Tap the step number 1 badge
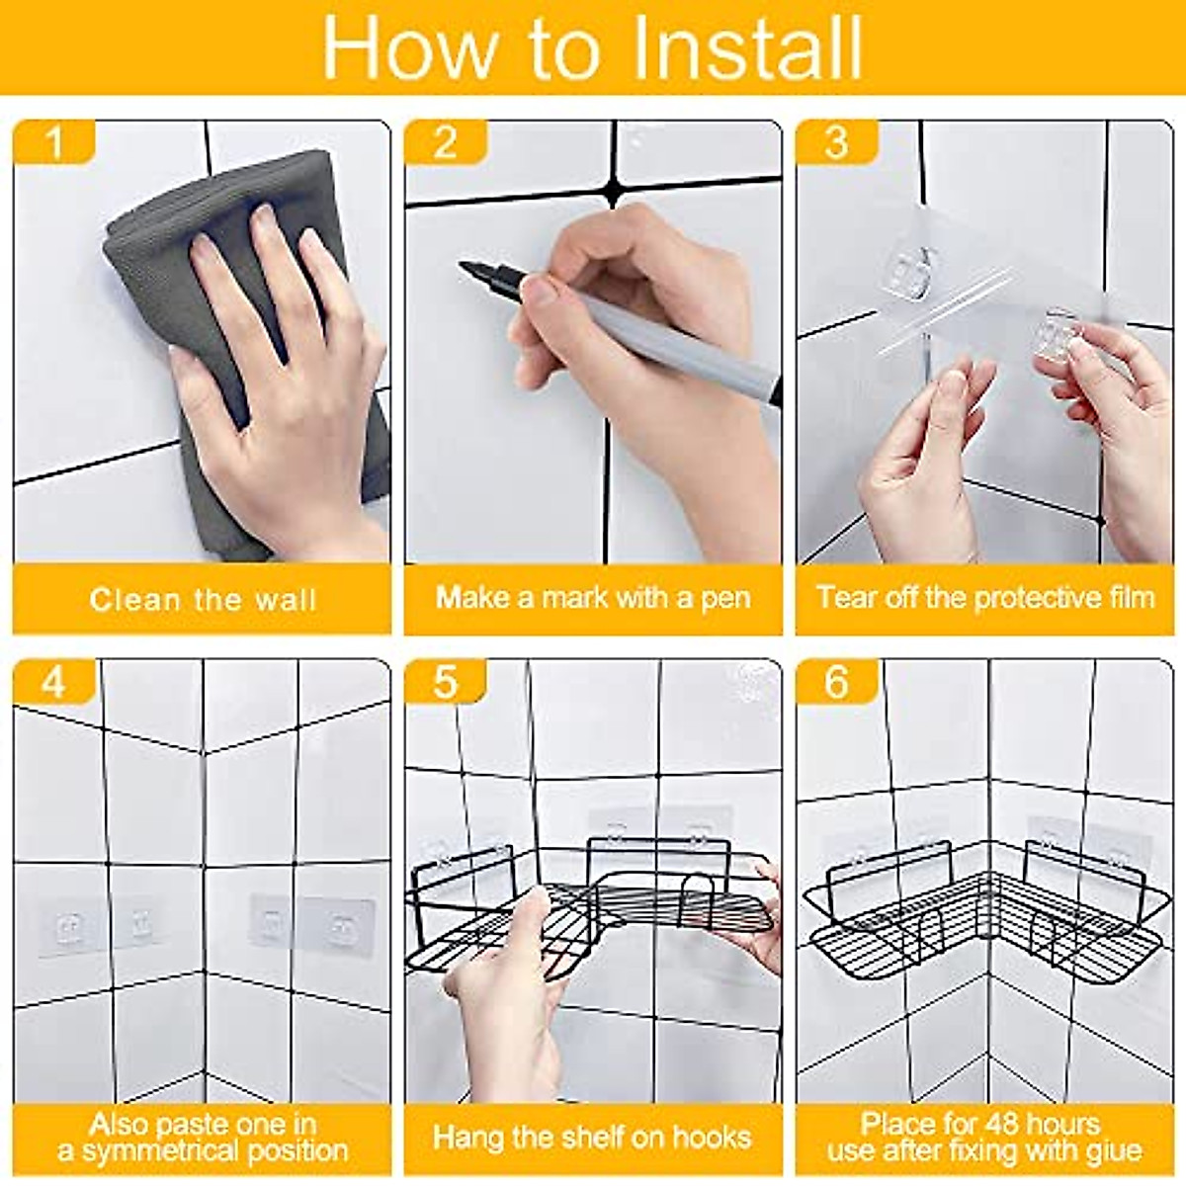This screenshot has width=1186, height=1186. coord(54,142)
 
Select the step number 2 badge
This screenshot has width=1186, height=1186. coord(446,142)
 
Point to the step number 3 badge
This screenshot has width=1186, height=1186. coord(836,142)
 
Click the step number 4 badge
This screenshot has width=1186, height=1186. coord(54,681)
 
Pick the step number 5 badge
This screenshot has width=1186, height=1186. coord(446,681)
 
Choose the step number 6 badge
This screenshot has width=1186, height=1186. coord(836,681)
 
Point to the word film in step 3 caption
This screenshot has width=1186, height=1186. coord(1130,598)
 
